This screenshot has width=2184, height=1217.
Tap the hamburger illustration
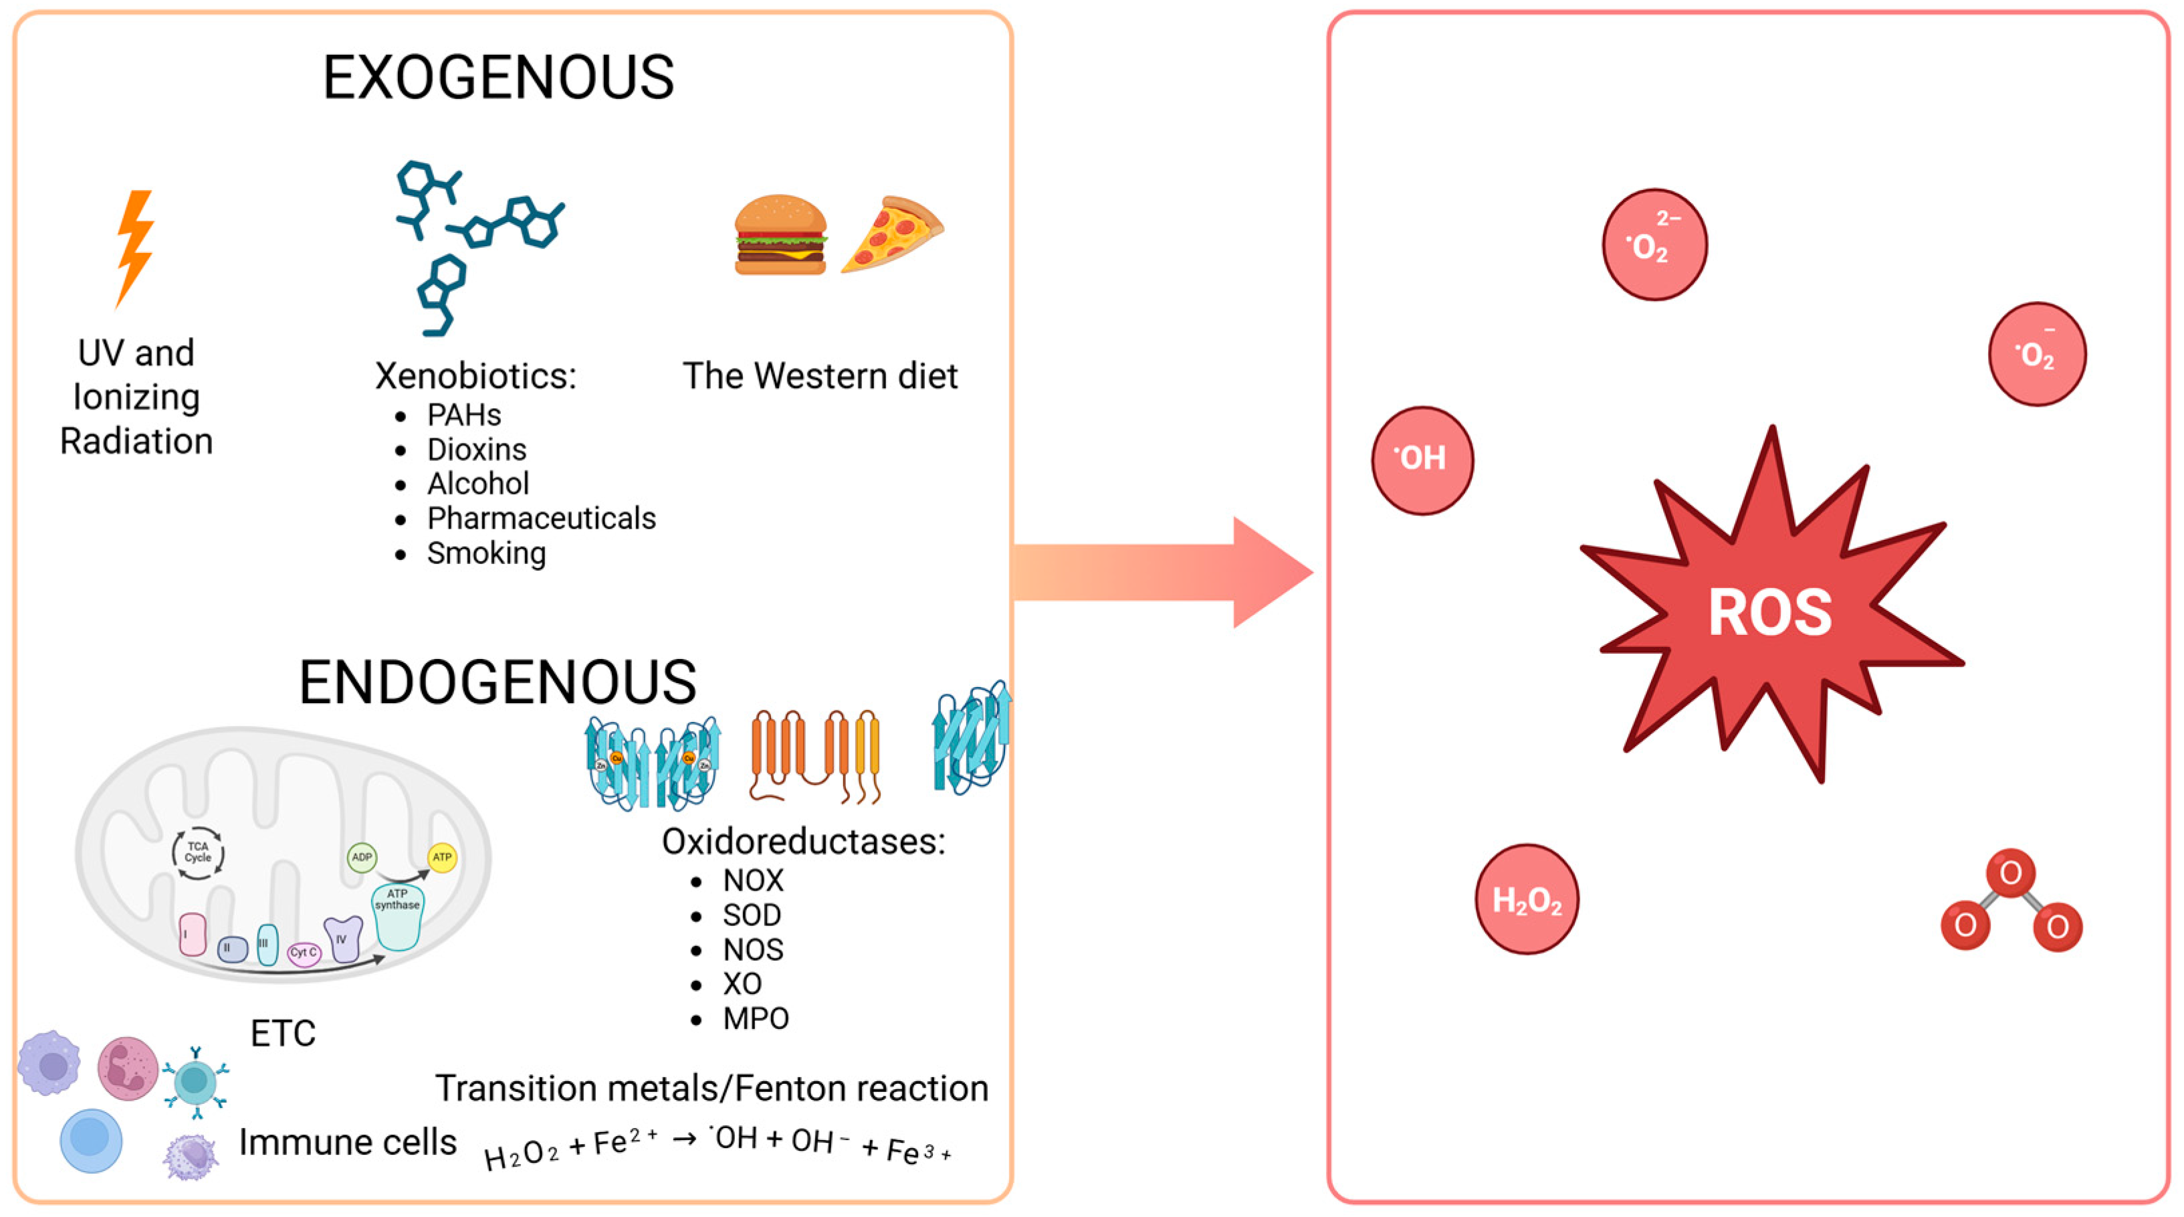(780, 235)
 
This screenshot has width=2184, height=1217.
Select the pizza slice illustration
(892, 235)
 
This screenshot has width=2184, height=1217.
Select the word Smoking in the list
(485, 553)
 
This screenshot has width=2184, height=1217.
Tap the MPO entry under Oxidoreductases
(756, 1018)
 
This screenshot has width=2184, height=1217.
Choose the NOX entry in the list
(753, 880)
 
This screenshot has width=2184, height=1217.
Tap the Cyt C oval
(304, 953)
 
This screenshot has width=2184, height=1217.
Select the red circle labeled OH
(1422, 460)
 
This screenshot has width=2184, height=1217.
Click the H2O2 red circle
(1526, 900)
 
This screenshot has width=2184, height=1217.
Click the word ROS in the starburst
(1769, 612)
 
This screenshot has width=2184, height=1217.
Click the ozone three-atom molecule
(2011, 901)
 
